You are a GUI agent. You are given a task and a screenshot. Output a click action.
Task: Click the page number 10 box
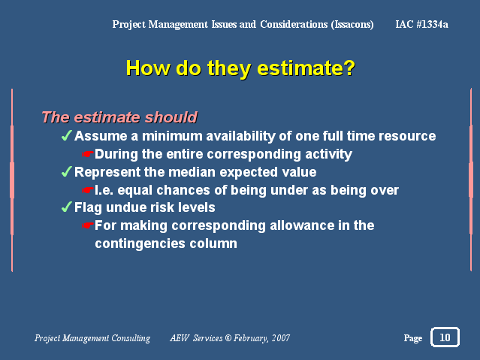[x=445, y=337]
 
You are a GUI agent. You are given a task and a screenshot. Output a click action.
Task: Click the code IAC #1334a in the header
[x=422, y=24]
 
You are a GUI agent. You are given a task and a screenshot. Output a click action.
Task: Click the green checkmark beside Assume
[x=67, y=135]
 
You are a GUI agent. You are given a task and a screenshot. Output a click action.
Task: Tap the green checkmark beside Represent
[x=67, y=171]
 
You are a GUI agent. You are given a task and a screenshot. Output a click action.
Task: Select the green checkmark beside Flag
[x=67, y=207]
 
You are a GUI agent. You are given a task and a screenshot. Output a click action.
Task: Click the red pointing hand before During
[x=88, y=154]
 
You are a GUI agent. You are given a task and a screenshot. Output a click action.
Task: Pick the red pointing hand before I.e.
[x=88, y=190]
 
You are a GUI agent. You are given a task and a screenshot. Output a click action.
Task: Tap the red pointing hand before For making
[x=88, y=225]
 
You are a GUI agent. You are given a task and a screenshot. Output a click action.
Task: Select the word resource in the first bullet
[x=407, y=136]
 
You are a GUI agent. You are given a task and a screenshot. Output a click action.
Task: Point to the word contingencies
[x=140, y=244]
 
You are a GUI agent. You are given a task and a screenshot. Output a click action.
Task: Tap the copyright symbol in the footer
[x=228, y=337]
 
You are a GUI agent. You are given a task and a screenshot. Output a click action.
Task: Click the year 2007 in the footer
[x=281, y=337]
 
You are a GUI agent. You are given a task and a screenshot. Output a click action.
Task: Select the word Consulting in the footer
[x=131, y=338]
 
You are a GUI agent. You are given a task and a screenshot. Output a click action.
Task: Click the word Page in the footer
[x=413, y=338]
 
